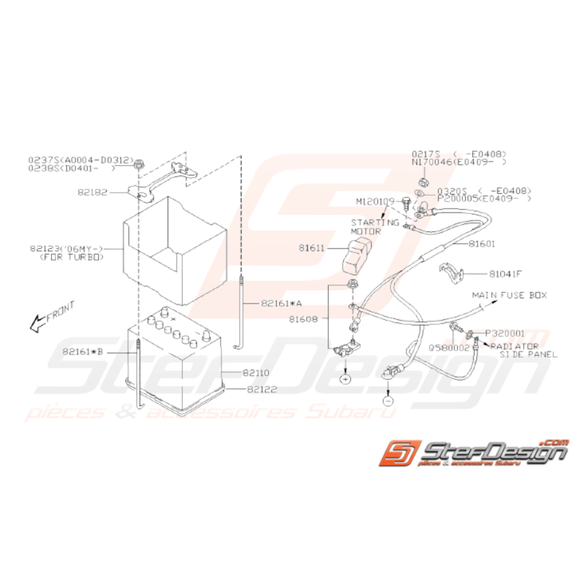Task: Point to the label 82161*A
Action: coord(282,303)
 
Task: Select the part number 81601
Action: coord(481,244)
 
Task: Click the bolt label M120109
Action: coord(375,202)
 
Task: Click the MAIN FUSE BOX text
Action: coord(510,295)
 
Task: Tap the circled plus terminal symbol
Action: coord(346,377)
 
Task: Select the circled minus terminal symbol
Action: coord(387,400)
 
